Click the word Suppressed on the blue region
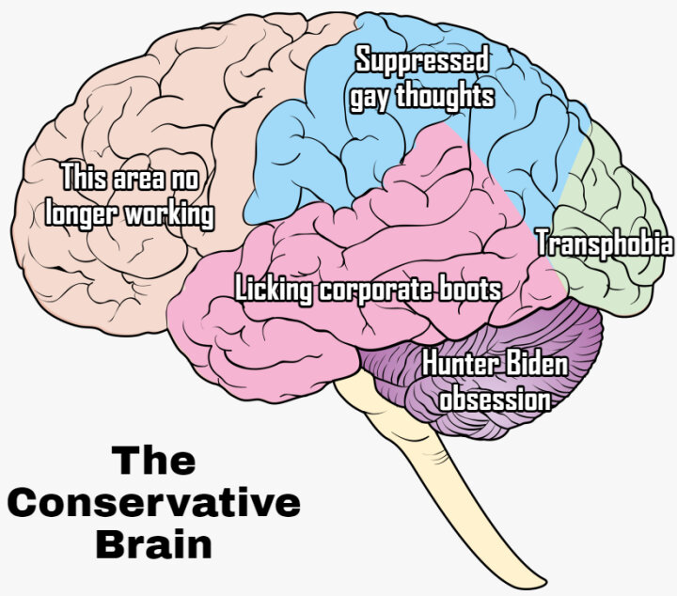point(422,61)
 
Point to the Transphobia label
point(605,243)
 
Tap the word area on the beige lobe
point(137,176)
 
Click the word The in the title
point(154,462)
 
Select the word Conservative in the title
point(154,503)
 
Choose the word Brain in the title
point(154,544)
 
